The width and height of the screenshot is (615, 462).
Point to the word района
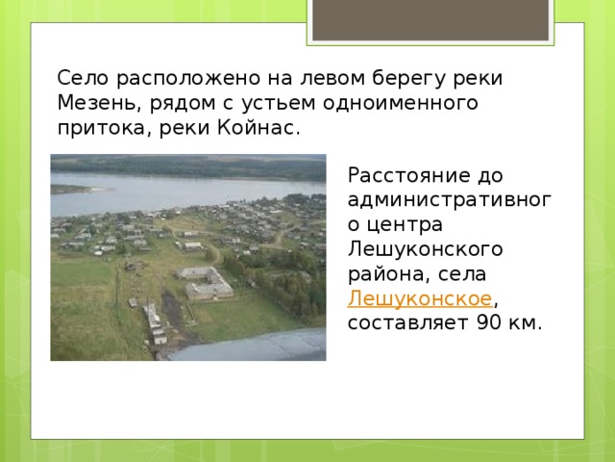pos(384,273)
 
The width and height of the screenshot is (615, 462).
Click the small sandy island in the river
pos(71,189)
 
